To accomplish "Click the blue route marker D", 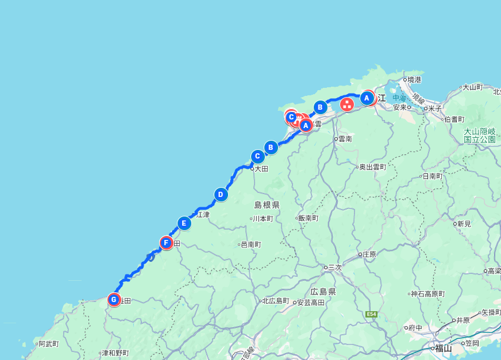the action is point(221,195).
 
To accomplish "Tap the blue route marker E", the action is point(184,223).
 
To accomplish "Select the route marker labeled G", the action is point(114,299).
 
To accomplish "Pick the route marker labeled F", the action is point(166,243).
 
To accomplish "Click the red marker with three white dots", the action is point(347,104).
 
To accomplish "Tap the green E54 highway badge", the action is point(371,314).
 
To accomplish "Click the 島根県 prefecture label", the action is point(267,205).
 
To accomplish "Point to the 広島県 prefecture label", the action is point(323,292).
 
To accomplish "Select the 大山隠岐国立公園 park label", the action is point(480,136).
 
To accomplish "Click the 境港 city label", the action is point(414,80).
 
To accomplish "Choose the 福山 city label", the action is point(443,348).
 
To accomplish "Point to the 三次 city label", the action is point(334,267).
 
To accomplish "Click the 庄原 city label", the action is point(368,254).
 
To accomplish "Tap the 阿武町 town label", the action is point(49,344).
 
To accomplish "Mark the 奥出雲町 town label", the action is point(373,167).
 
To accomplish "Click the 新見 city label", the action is point(463,223).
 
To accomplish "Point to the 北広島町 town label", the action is point(276,301).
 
